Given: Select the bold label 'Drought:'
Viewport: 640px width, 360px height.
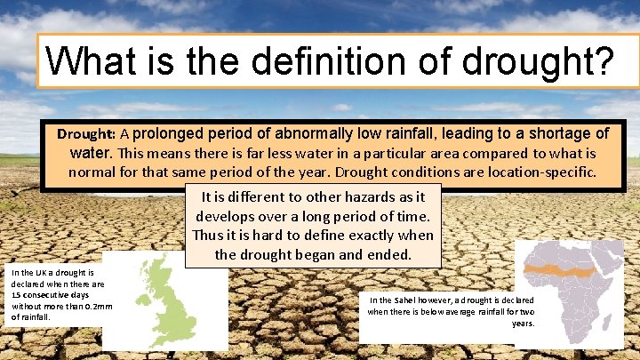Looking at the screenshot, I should (x=87, y=135).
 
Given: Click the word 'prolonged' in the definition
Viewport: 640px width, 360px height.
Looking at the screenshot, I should (x=170, y=134).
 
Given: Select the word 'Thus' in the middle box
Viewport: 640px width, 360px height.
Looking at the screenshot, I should (x=209, y=235).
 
